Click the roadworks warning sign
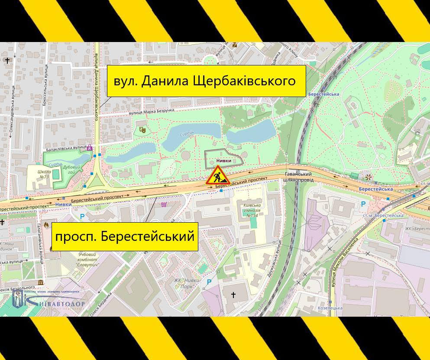[217, 175]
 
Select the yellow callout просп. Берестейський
[125, 237]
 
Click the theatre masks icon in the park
[142, 129]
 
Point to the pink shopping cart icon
[164, 204]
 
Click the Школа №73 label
[44, 174]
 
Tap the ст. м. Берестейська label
[383, 215]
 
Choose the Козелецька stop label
[330, 308]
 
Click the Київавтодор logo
[48, 299]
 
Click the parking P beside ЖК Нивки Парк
[209, 282]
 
